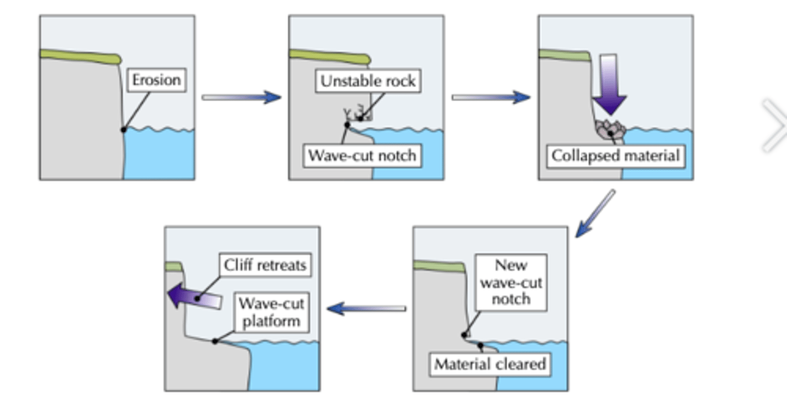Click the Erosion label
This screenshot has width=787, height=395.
pyautogui.click(x=156, y=80)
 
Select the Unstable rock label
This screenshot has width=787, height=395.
pyautogui.click(x=368, y=82)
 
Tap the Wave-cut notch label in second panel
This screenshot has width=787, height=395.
pyautogui.click(x=362, y=155)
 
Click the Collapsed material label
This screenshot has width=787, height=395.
pyautogui.click(x=615, y=155)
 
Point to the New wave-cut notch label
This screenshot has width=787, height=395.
pyautogui.click(x=510, y=282)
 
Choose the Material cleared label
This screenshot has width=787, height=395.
pyautogui.click(x=490, y=364)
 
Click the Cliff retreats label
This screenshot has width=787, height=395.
pyautogui.click(x=265, y=265)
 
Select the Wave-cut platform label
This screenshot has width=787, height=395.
pyautogui.click(x=271, y=312)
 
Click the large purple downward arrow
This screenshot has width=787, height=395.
pyautogui.click(x=609, y=85)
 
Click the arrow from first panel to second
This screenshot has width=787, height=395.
pyautogui.click(x=241, y=97)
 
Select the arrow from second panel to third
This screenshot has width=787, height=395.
pyautogui.click(x=491, y=97)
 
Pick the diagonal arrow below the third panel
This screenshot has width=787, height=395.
pyautogui.click(x=595, y=214)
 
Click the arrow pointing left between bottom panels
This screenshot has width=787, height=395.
pyautogui.click(x=366, y=309)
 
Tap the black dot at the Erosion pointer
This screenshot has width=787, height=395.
pyautogui.click(x=124, y=130)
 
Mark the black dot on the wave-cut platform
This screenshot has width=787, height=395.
pyautogui.click(x=215, y=341)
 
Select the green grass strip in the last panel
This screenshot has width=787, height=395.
pyautogui.click(x=173, y=266)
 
